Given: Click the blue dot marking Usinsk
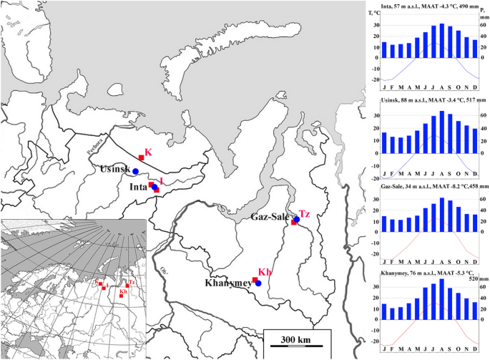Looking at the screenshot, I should click(x=135, y=172).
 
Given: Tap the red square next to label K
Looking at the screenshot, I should click(x=142, y=158).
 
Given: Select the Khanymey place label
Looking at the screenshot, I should click(x=229, y=283).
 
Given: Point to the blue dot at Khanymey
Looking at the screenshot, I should click(x=258, y=283).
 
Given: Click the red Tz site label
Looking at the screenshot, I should click(x=304, y=214).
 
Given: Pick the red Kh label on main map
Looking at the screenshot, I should click(x=265, y=273).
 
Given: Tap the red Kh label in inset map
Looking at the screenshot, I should click(x=123, y=291).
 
